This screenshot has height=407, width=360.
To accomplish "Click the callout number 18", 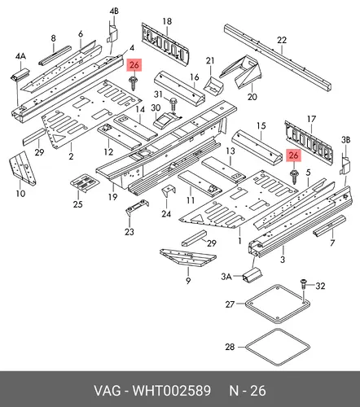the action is tap(167, 21).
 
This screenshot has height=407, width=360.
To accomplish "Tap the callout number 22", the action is tap(282, 40).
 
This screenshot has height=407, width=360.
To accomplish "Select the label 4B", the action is tap(114, 11).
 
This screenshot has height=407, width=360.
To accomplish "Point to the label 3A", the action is tap(226, 277).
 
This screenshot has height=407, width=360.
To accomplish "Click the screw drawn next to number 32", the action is tap(303, 284).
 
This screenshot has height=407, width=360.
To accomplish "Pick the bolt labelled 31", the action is tap(173, 103).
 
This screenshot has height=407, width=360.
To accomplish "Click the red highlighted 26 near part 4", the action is tap(134, 65).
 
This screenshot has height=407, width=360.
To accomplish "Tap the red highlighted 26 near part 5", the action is tap(294, 155).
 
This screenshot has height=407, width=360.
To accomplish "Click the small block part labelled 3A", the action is tap(252, 274).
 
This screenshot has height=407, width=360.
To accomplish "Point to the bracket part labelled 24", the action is tap(169, 192).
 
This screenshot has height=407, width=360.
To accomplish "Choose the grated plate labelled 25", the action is tap(84, 183).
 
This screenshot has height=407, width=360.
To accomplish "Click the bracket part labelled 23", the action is tap(137, 206).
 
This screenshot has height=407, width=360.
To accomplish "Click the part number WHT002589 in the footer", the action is tap(171, 391).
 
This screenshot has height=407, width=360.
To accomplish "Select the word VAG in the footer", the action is tap(108, 391).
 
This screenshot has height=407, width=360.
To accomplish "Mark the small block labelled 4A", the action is tap(20, 75).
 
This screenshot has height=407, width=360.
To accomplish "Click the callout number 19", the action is tap(113, 197).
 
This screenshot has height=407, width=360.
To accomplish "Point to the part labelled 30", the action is tap(165, 120).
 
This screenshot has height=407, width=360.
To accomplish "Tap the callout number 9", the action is tap(188, 280).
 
